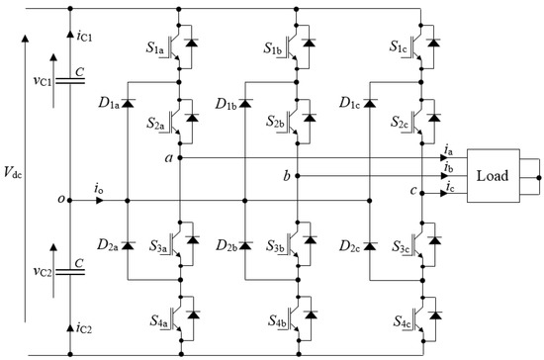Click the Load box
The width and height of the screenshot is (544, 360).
(493, 176)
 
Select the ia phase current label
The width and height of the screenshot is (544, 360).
(451, 150)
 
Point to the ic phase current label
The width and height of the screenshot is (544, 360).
(451, 186)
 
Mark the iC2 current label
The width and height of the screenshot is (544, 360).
(83, 325)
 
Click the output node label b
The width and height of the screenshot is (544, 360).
(287, 175)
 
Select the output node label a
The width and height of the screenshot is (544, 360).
(167, 157)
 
